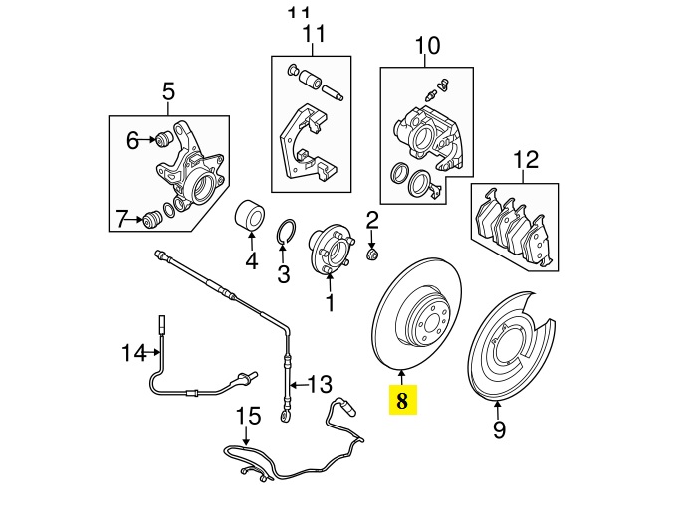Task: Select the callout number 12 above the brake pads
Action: click(x=525, y=160)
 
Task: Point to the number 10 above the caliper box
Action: click(x=426, y=45)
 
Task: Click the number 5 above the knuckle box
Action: click(x=167, y=93)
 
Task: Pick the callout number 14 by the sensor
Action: click(x=133, y=141)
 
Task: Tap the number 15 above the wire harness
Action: click(x=122, y=218)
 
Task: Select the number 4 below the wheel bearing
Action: click(x=252, y=262)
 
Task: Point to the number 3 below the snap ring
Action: click(x=283, y=273)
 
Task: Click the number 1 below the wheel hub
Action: click(x=330, y=296)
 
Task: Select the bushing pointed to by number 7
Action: click(x=152, y=219)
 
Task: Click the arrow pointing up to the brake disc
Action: click(x=401, y=376)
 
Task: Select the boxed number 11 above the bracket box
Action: click(x=314, y=36)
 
